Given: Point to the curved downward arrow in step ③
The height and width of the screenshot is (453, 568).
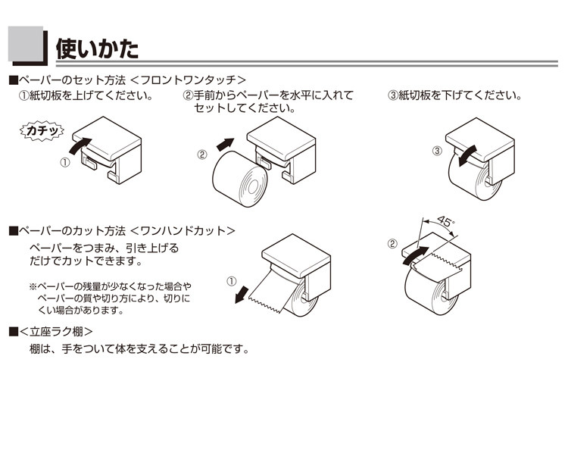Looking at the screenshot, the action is pos(464,154).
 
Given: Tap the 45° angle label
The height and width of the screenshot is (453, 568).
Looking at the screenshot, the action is pos(446,221).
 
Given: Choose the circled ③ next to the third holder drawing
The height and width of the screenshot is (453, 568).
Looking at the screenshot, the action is pos(437,150).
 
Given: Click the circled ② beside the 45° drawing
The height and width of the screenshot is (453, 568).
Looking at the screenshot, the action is pos(392,244).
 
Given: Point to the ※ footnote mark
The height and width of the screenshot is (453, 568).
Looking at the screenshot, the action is pos(33,286).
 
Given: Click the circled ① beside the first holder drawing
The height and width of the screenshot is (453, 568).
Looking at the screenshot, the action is pos(65,162).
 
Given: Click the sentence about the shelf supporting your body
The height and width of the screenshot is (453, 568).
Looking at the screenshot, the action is pos(139,350).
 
